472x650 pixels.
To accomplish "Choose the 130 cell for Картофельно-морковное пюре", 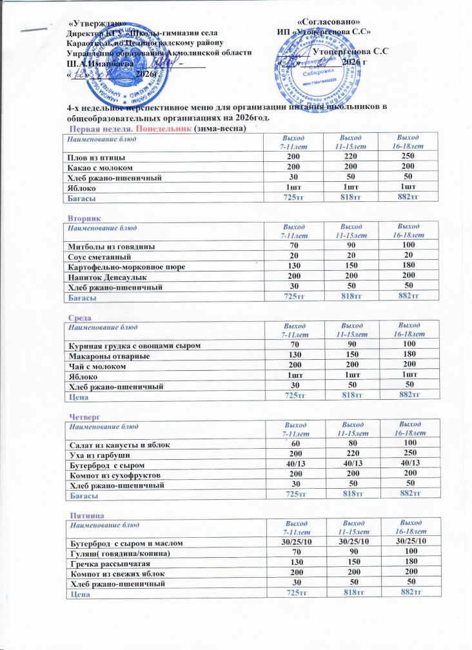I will coord(294,266).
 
